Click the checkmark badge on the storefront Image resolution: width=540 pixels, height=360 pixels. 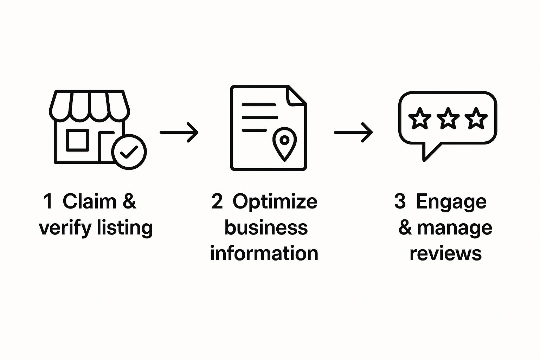tap(129, 152)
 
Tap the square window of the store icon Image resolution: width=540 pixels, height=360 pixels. tap(77, 140)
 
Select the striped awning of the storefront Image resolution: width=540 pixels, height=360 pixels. tap(89, 105)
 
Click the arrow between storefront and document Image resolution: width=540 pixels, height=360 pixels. tap(179, 133)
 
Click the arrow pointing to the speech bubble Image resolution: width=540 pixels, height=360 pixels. tap(353, 133)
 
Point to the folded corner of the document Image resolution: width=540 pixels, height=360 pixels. tap(296, 95)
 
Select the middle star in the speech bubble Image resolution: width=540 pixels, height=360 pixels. tap(448, 118)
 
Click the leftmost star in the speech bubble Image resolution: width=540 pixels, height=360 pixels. tap(419, 118)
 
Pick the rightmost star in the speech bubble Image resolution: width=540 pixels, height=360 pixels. tap(476, 118)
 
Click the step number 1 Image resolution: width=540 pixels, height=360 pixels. tap(48, 201)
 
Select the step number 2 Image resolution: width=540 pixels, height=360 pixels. tap(217, 201)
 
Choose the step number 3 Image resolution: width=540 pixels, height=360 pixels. tap(400, 201)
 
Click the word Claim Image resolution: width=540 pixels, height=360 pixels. tap(89, 201)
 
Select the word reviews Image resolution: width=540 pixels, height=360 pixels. tap(445, 253)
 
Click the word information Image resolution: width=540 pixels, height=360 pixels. tap(264, 253)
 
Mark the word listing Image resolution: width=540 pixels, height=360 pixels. tap(125, 228)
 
